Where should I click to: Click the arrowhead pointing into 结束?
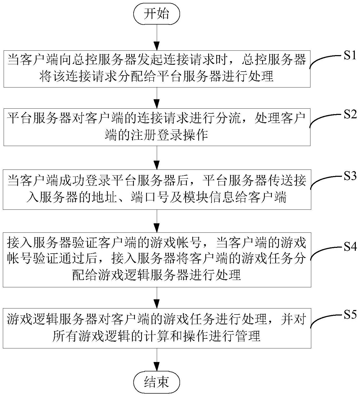coord(157,366)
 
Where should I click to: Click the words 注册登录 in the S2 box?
coord(157,135)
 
